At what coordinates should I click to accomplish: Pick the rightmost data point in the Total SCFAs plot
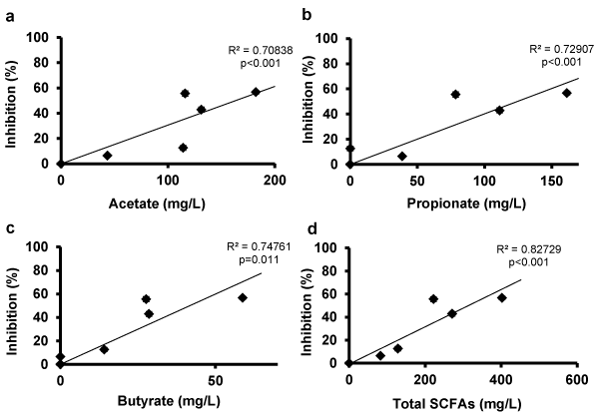pyautogui.click(x=502, y=297)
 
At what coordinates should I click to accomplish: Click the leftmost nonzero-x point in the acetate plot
pyautogui.click(x=107, y=156)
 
